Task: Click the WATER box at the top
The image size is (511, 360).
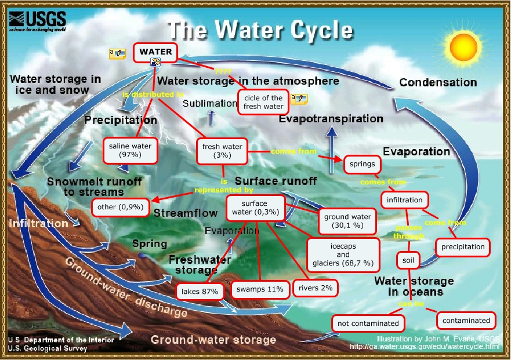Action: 155,52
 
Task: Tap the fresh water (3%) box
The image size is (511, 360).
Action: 222,151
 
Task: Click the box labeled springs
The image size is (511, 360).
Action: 362,164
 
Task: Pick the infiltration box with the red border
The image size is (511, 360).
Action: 405,200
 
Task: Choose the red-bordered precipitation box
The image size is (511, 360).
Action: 463,247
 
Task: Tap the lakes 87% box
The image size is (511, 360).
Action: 200,291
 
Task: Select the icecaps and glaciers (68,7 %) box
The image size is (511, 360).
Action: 343,254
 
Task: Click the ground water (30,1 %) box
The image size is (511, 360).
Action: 347,221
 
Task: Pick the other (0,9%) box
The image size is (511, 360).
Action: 121,206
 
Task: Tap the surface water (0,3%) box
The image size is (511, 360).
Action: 255,208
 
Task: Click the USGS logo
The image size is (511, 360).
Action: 36,20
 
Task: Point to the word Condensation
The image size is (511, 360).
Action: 438,83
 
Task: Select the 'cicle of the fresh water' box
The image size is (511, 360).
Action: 264,102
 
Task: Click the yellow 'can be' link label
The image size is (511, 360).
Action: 408,304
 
